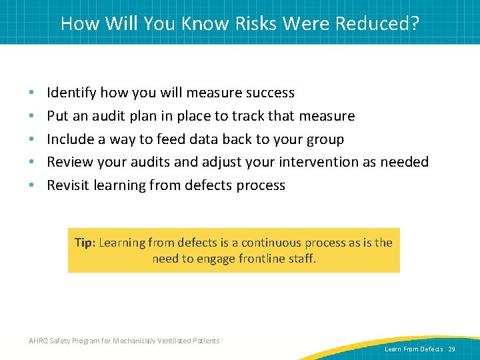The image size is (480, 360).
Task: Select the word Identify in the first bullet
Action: click(x=70, y=93)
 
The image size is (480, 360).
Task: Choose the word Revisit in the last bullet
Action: click(x=68, y=185)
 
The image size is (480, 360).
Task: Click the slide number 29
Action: click(x=451, y=349)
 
